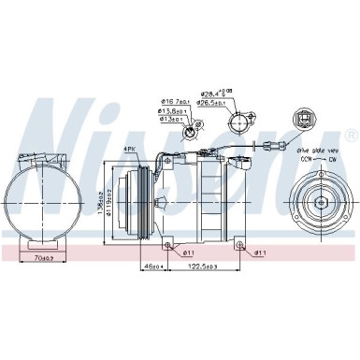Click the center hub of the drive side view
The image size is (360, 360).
tap(319, 201)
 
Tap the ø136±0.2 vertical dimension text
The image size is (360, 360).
tap(124, 198)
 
